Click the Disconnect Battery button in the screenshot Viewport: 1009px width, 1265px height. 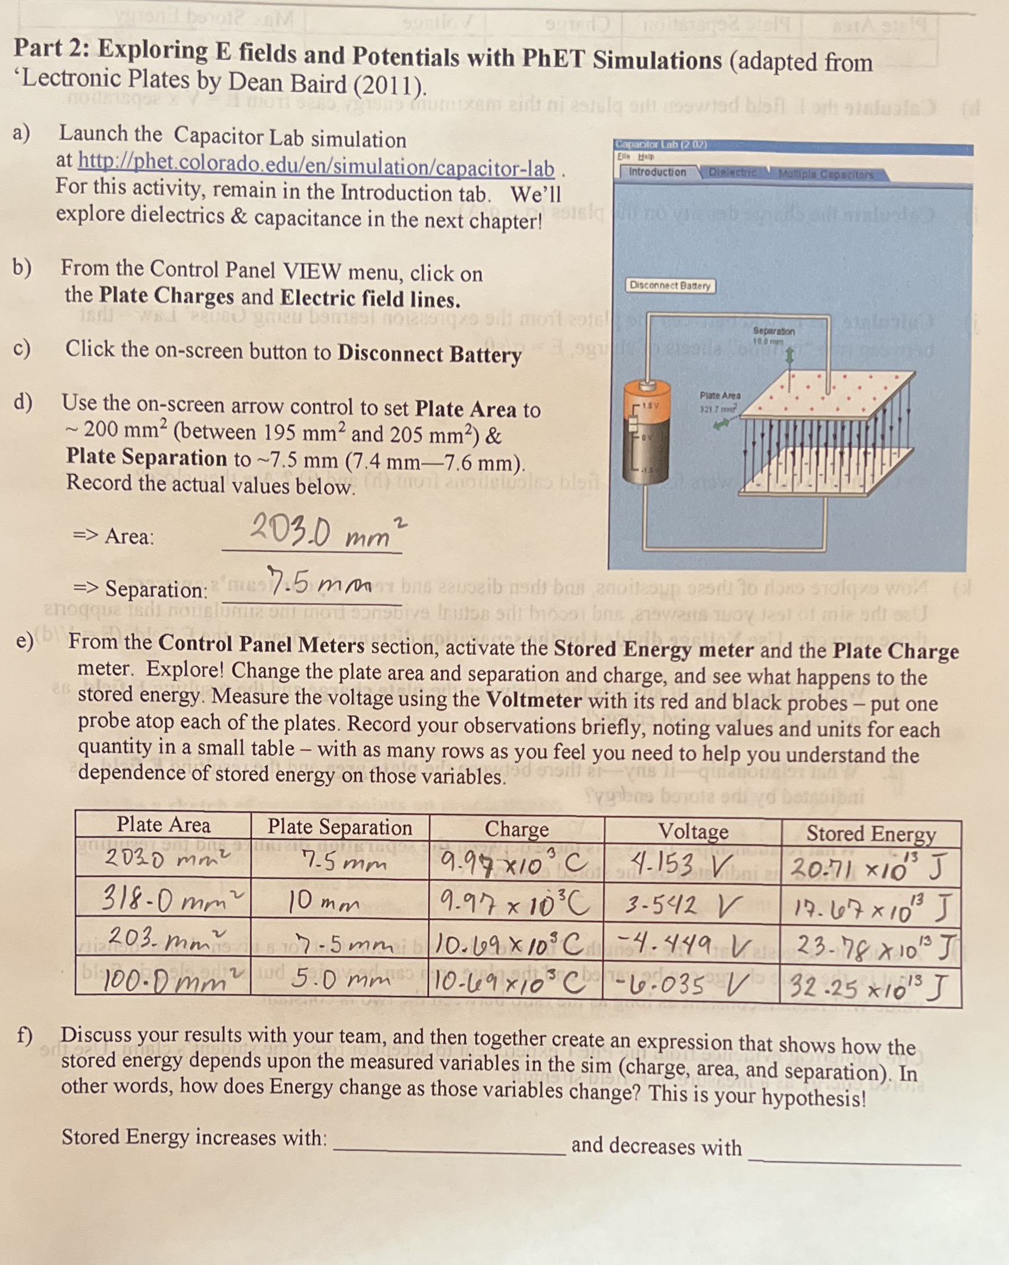[670, 286]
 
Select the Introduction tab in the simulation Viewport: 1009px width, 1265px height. [657, 172]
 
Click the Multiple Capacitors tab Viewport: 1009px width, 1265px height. [826, 175]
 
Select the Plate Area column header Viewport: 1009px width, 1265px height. [163, 825]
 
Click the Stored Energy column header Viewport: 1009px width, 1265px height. [870, 834]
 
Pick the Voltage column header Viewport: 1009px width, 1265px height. [693, 831]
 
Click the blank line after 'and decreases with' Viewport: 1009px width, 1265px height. [854, 1159]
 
